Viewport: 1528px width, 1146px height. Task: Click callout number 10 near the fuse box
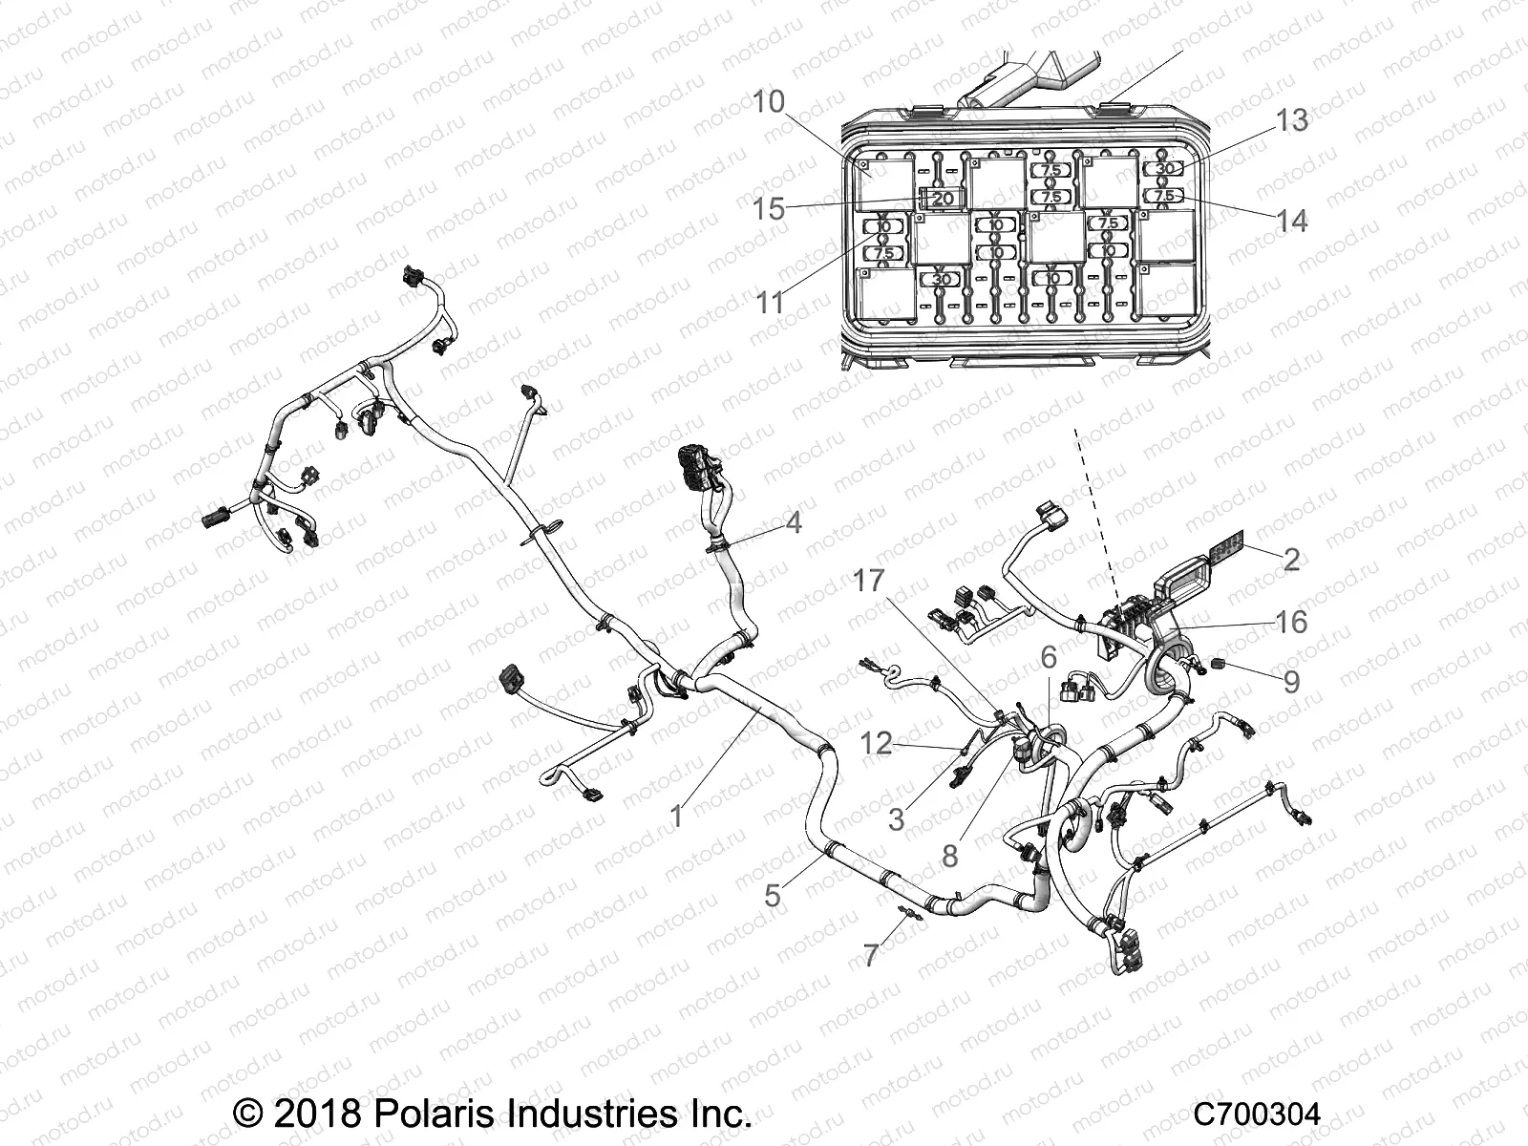click(769, 102)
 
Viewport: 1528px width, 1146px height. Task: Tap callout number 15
click(769, 208)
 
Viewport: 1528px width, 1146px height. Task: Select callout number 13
click(1292, 121)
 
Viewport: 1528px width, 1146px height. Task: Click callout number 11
click(770, 303)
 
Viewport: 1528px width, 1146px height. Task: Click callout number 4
click(793, 522)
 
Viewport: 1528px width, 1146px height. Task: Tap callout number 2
click(1291, 560)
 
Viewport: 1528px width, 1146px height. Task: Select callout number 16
click(1291, 622)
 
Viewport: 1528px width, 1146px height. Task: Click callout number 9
click(1291, 681)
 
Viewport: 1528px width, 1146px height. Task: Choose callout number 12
click(877, 742)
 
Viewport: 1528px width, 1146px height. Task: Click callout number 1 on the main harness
click(677, 817)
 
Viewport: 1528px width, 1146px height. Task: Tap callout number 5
click(772, 895)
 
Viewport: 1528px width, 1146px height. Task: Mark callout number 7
click(870, 955)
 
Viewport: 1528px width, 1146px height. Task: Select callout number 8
click(948, 856)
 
